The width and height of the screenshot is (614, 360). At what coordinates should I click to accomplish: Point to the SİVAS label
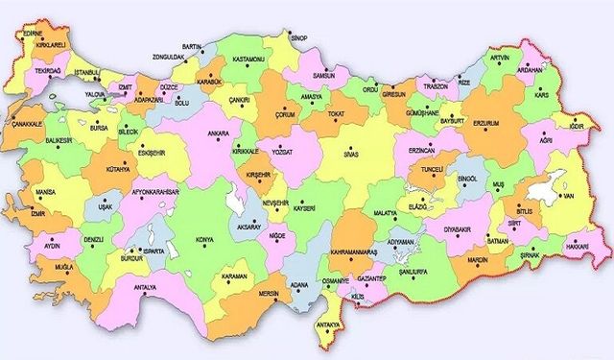(353, 152)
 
